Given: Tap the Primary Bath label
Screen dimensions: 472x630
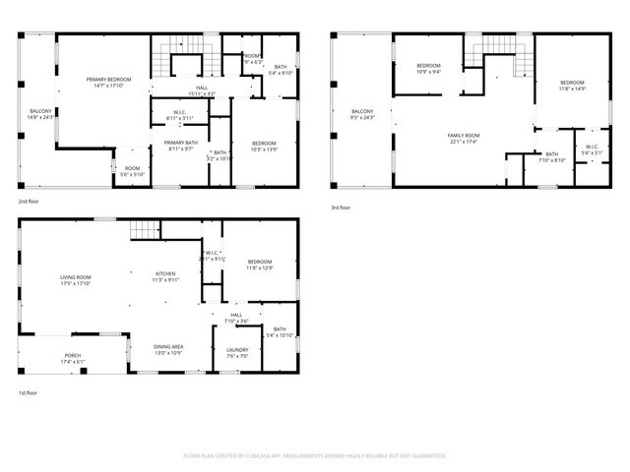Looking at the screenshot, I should click(x=181, y=146).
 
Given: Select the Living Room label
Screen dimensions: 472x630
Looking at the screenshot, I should click(x=75, y=280).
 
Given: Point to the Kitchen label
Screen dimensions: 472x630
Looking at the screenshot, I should click(x=165, y=276).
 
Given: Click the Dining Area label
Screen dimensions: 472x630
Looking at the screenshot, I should click(x=168, y=349).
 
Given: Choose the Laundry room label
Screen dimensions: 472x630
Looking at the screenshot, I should click(x=237, y=352).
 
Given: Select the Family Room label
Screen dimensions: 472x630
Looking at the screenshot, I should click(x=463, y=138).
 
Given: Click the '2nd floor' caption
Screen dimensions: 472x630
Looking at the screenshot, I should click(x=29, y=201).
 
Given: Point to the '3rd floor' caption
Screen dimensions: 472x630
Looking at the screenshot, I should click(x=342, y=207).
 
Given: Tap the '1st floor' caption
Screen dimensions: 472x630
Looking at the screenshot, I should click(x=29, y=393).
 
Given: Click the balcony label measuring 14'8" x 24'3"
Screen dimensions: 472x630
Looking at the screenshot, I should click(x=40, y=114).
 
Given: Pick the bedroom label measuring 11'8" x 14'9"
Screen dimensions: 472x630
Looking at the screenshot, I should click(x=573, y=86).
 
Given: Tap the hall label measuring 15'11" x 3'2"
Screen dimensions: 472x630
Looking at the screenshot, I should click(x=202, y=91).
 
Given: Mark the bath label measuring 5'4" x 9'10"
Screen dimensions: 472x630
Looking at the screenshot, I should click(x=281, y=70).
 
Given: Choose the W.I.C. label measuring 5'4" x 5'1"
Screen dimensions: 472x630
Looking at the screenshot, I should click(x=592, y=149).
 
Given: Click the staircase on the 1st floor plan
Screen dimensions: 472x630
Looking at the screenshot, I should click(x=145, y=230).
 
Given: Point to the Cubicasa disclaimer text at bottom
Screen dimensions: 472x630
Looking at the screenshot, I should click(x=315, y=456).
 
